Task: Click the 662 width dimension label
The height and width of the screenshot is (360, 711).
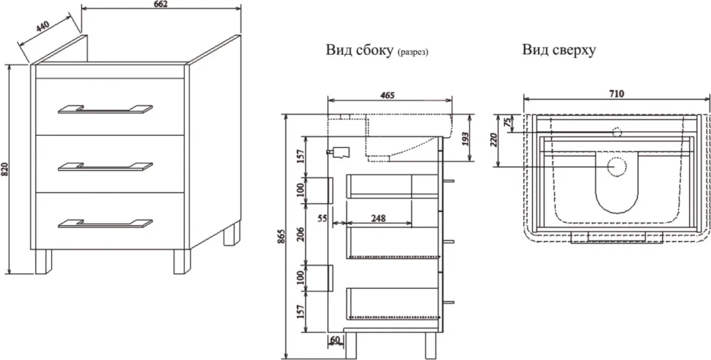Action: [161, 4]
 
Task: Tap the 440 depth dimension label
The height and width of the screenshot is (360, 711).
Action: [43, 26]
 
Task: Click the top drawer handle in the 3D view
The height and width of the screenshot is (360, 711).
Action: [106, 109]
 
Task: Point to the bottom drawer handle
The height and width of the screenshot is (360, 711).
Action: [106, 223]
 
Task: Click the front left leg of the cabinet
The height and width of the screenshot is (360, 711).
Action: [43, 262]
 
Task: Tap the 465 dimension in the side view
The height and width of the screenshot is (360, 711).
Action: [387, 95]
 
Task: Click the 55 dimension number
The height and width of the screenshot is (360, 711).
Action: [323, 218]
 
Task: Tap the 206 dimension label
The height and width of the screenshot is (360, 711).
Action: [300, 232]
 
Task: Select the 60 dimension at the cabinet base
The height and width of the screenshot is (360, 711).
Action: [335, 339]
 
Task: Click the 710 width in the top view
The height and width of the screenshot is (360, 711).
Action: [616, 94]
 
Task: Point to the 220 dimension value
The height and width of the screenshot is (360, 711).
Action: [494, 139]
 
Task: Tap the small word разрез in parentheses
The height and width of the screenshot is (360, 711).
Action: [413, 53]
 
